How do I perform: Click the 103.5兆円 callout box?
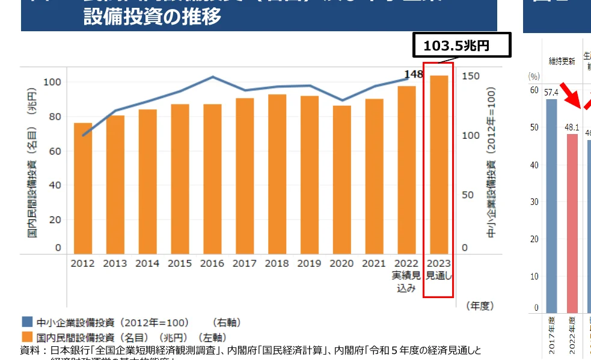pyautogui.click(x=461, y=46)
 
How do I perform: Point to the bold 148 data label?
pyautogui.click(x=414, y=75)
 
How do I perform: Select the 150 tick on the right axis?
pyautogui.click(x=471, y=76)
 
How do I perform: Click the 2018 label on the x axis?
pyautogui.click(x=277, y=263)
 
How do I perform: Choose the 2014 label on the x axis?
pyautogui.click(x=147, y=263)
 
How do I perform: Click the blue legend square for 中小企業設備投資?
pyautogui.click(x=27, y=322)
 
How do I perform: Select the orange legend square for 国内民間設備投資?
pyautogui.click(x=27, y=337)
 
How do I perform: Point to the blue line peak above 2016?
pyautogui.click(x=212, y=77)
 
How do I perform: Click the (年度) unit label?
pyautogui.click(x=479, y=306)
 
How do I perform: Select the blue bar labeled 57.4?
pyautogui.click(x=551, y=204)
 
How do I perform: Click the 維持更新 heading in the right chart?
pyautogui.click(x=562, y=61)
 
